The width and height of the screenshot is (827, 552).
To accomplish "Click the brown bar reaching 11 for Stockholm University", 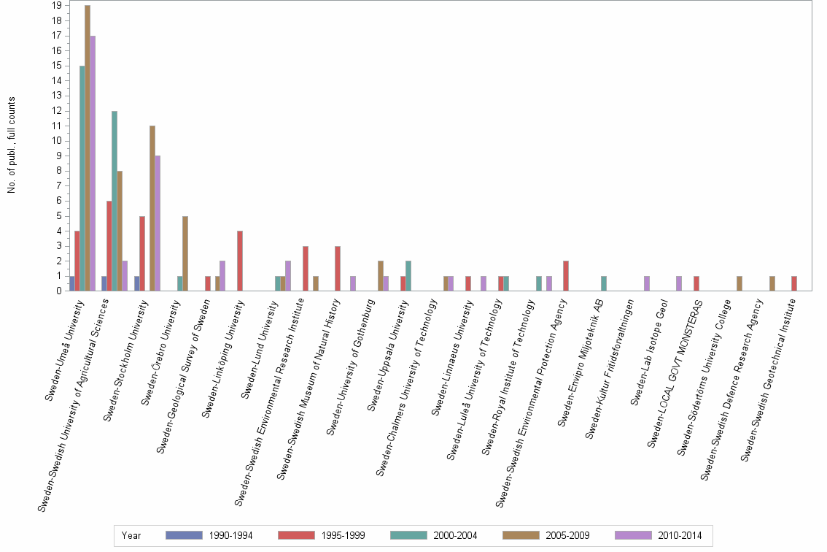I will tap(152, 208).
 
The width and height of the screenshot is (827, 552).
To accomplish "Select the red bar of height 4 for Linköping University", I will tap(239, 261).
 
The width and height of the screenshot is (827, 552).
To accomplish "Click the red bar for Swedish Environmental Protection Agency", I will tap(566, 276).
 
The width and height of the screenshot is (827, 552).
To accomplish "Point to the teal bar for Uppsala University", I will tap(408, 276).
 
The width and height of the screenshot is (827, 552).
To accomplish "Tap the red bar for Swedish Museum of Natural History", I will tap(338, 269).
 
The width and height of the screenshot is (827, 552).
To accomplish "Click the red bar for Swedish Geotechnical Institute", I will tap(794, 283).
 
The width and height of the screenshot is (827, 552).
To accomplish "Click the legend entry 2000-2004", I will tap(454, 536).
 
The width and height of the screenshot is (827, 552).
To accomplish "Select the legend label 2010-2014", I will tap(679, 536).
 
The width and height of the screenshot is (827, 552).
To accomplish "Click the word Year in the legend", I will tap(131, 536).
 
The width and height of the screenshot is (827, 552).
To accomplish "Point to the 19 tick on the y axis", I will tap(57, 5).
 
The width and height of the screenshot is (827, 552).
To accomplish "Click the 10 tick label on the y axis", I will tap(57, 141).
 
